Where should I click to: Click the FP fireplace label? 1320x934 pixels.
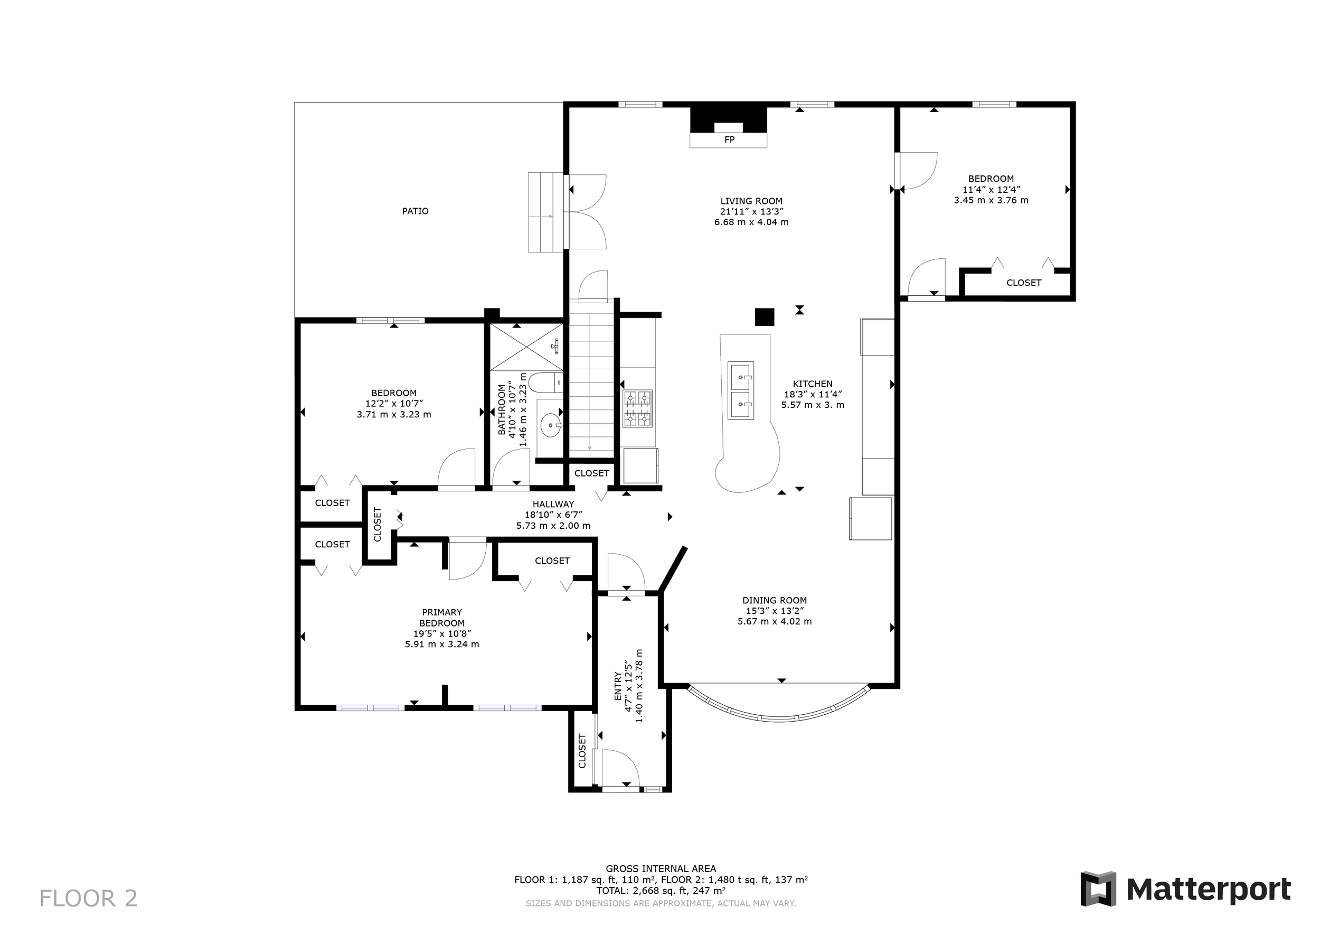[729, 140]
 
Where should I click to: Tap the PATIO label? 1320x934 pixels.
[415, 211]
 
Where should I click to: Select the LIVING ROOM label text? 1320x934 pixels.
[751, 201]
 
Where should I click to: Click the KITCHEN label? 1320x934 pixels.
[813, 384]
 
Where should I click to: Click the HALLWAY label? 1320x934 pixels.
[553, 505]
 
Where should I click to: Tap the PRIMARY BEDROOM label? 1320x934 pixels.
[441, 618]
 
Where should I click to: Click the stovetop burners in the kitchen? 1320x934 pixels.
[638, 409]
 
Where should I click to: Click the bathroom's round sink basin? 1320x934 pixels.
[551, 426]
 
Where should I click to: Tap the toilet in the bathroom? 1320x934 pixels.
[544, 382]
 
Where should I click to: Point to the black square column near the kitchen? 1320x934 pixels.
[765, 317]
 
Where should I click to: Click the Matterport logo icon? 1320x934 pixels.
[1098, 889]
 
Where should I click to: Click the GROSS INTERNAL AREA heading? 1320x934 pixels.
[661, 868]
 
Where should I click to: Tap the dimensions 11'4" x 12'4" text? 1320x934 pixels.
[991, 190]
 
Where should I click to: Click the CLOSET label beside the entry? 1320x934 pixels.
[582, 751]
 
